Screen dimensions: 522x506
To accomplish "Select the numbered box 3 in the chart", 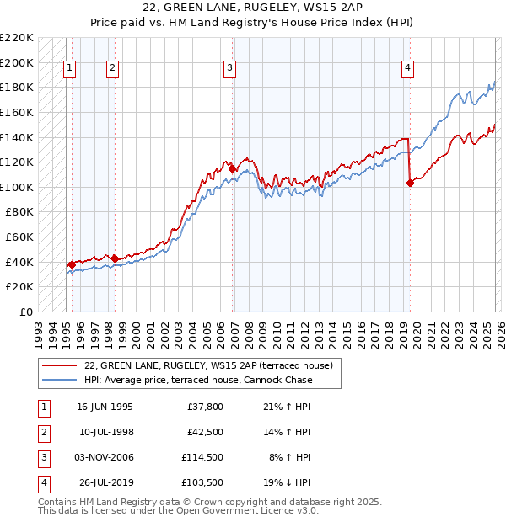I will pos(229,69).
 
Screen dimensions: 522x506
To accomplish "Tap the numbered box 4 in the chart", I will pos(407,69).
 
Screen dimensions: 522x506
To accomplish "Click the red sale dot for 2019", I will pos(410,183).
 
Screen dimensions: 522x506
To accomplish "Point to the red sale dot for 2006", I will pos(233,168).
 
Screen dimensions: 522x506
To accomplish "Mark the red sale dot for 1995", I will pos(72,264).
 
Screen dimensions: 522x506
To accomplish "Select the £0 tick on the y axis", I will pos(25,312).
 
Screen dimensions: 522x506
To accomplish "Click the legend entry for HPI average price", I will pos(198,380).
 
